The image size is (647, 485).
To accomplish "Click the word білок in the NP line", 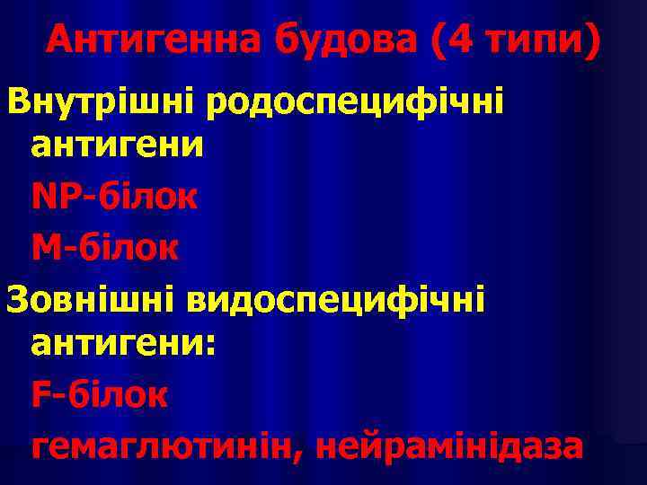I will [148, 197].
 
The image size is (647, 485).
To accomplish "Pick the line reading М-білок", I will [104, 246].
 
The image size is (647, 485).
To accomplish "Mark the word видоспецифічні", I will [335, 296].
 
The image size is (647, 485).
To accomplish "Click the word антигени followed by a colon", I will [114, 344].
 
